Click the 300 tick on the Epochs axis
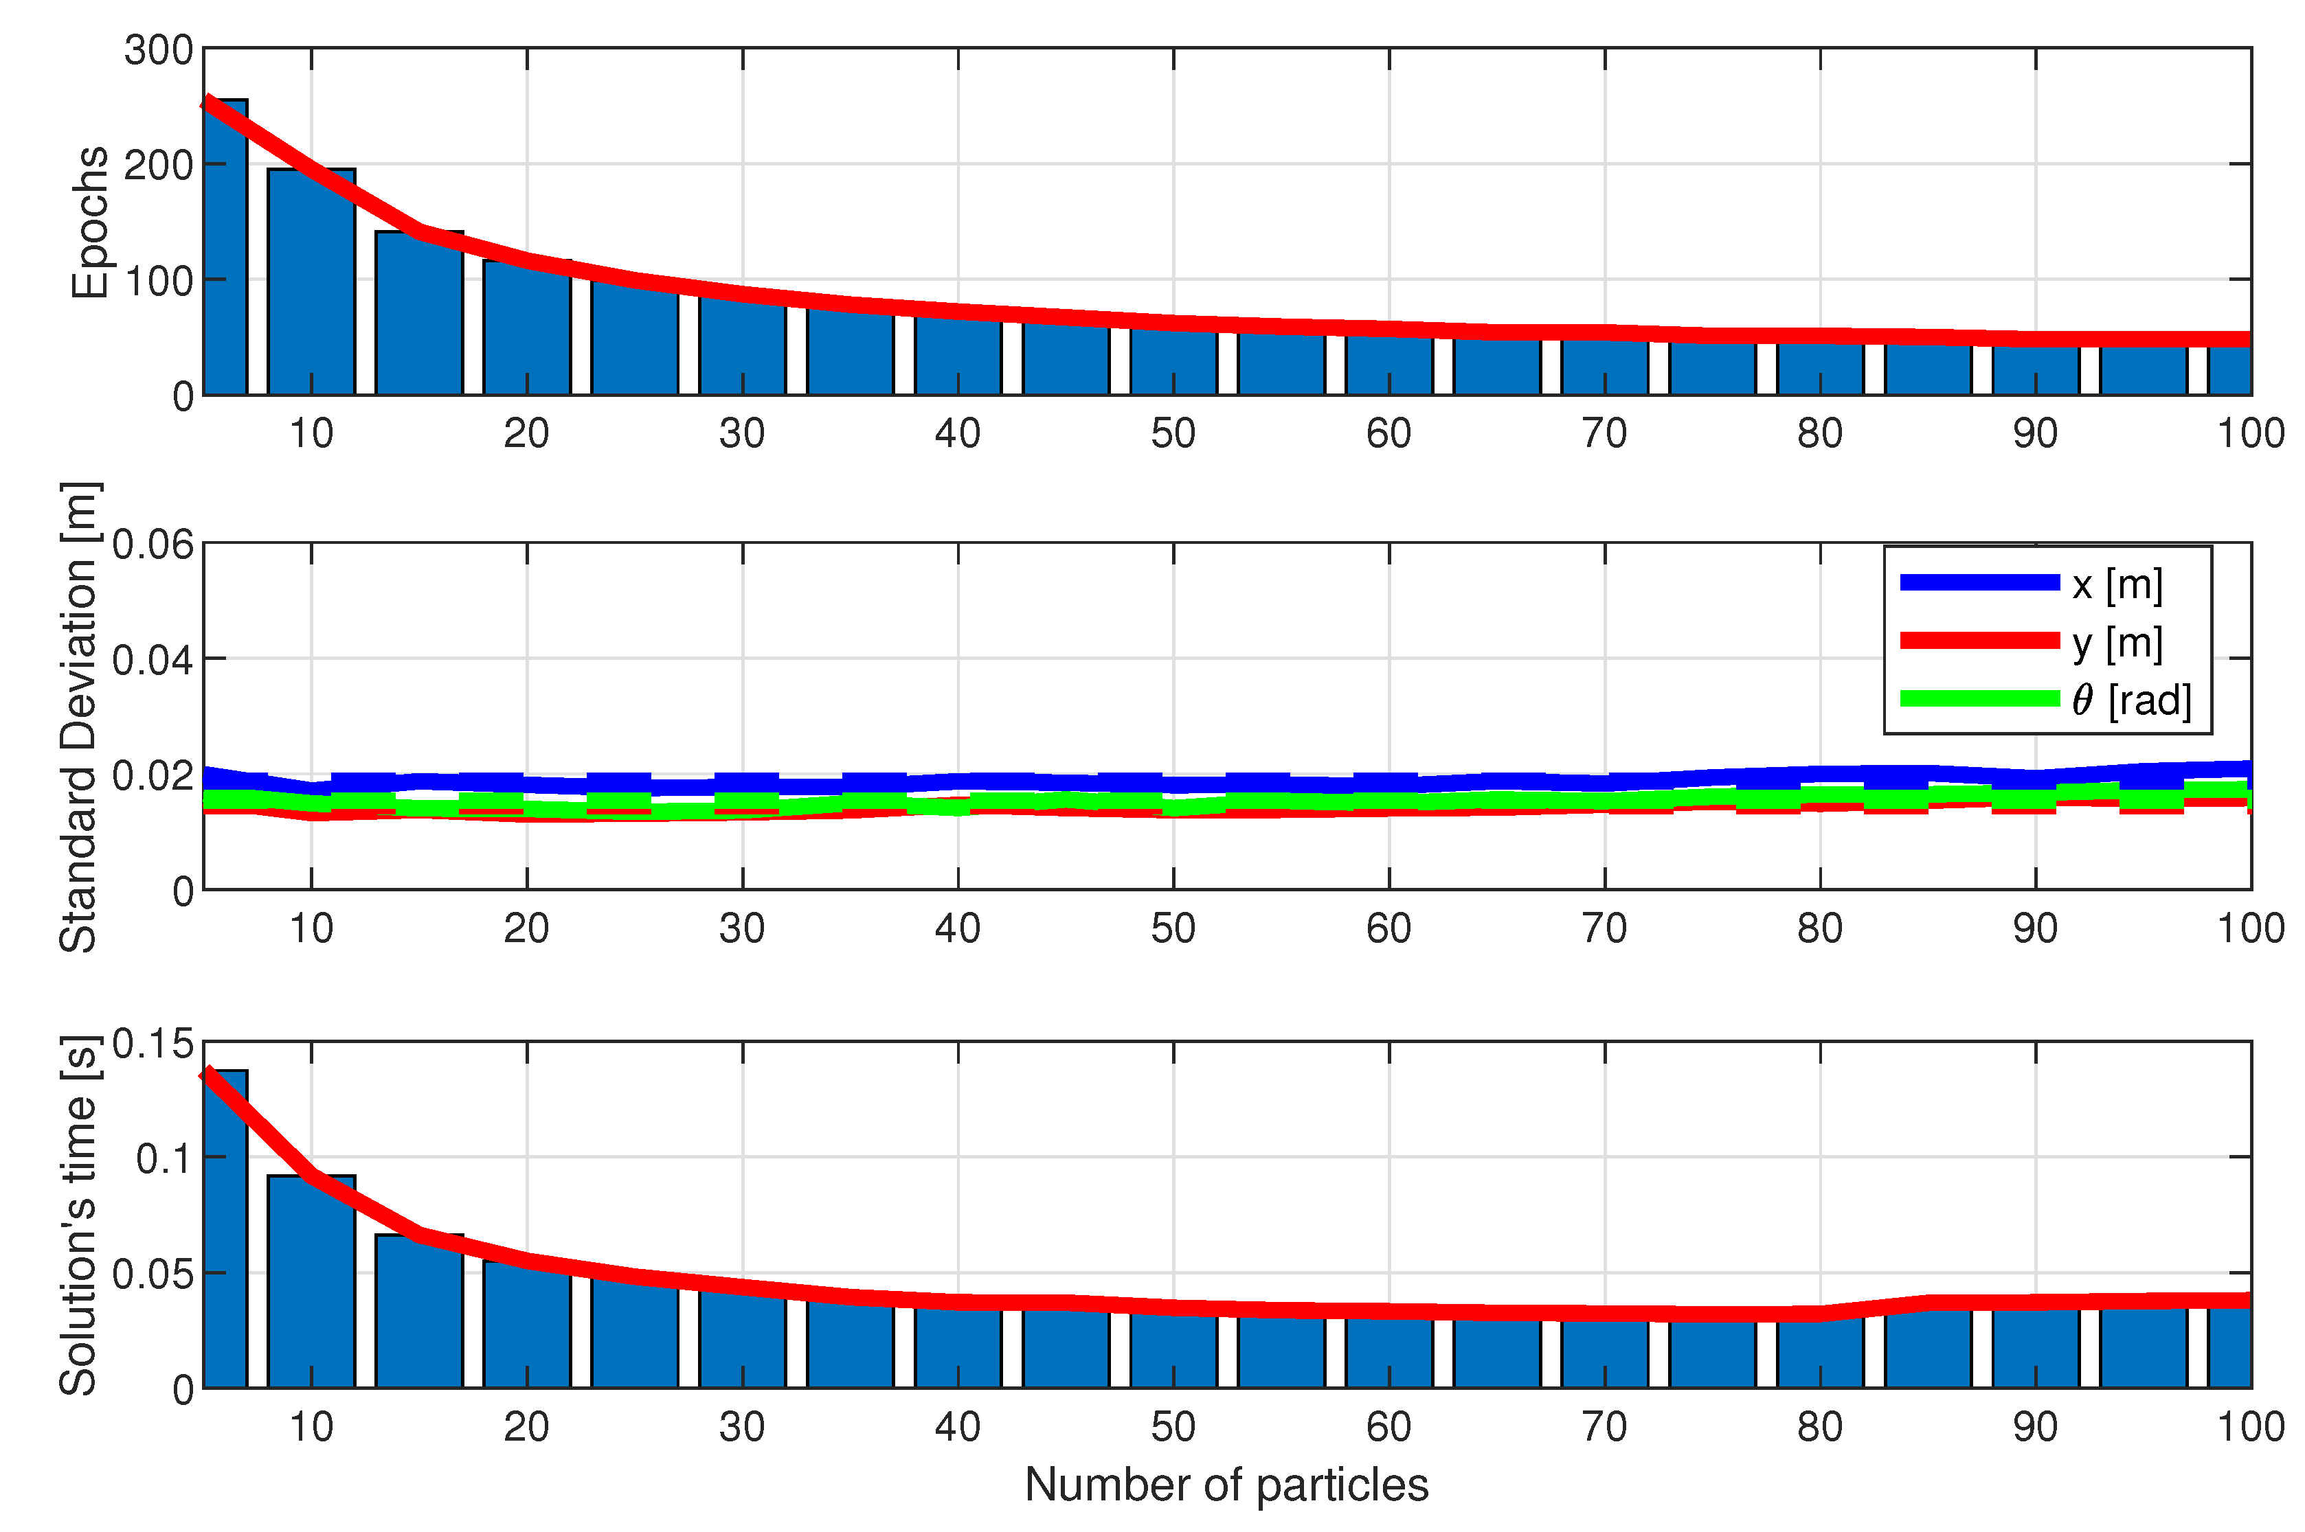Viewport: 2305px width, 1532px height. click(157, 51)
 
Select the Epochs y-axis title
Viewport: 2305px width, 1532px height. click(90, 222)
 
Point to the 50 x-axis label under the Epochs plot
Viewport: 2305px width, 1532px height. click(1172, 433)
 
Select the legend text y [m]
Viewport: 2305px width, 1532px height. click(2116, 642)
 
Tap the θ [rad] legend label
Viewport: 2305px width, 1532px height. click(2131, 700)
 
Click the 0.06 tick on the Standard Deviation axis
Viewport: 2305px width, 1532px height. click(153, 545)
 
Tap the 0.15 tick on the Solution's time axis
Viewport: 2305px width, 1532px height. click(153, 1044)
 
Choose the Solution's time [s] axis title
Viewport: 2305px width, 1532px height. click(78, 1215)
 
